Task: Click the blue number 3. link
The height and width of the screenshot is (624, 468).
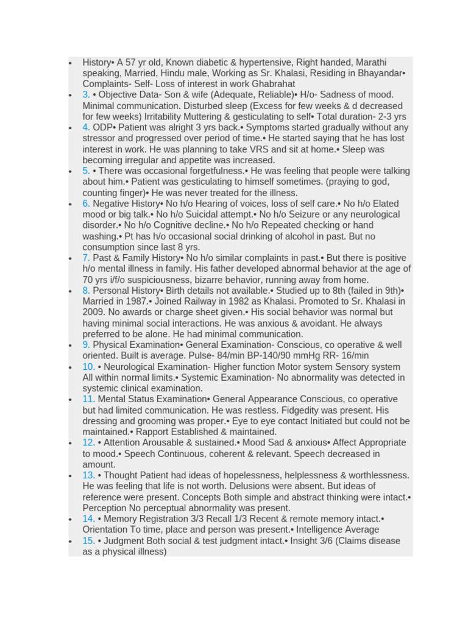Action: point(86,94)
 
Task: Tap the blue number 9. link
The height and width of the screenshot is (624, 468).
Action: point(86,345)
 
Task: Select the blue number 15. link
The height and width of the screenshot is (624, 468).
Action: point(88,541)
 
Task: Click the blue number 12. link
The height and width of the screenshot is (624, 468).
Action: point(88,442)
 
